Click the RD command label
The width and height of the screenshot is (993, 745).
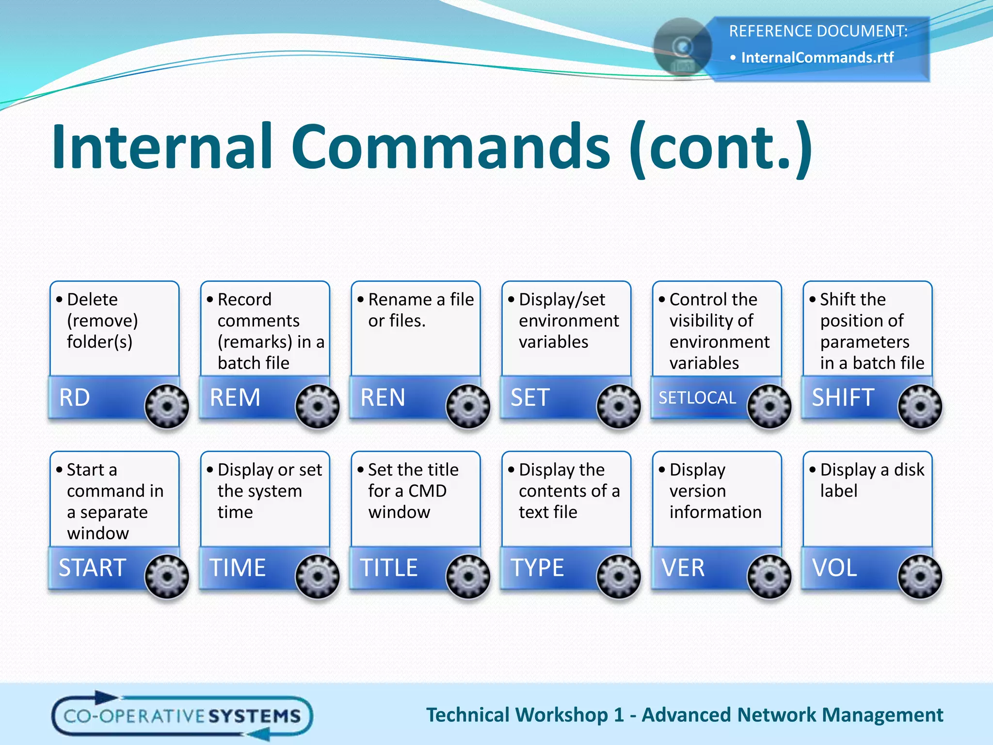(x=75, y=398)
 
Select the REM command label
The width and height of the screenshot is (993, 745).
(x=235, y=398)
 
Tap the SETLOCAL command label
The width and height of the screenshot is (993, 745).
(x=697, y=398)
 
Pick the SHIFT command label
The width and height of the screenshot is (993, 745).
(x=843, y=398)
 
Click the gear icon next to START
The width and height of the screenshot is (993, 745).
(x=167, y=576)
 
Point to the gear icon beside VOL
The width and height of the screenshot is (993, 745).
(x=920, y=576)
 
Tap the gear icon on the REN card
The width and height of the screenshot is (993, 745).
(x=468, y=406)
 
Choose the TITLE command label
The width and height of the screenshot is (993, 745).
(x=388, y=567)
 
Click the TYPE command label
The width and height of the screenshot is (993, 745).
(x=537, y=567)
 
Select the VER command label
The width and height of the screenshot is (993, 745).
(x=683, y=567)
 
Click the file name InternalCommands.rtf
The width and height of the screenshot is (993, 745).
(x=817, y=58)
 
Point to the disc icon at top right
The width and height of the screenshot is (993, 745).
(x=682, y=48)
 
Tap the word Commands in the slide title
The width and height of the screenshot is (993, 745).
(x=450, y=146)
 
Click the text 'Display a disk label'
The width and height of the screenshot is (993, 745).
(x=872, y=480)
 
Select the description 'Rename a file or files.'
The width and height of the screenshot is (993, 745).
(x=420, y=310)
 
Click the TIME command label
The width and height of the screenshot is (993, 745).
(x=238, y=567)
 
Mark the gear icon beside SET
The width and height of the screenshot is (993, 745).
(x=619, y=406)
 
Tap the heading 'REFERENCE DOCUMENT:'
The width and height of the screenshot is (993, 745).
(x=818, y=31)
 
